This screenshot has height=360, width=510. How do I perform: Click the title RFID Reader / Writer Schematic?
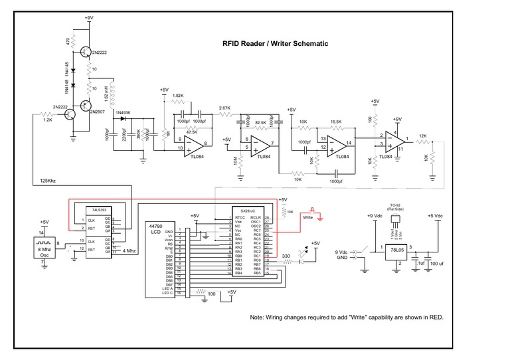[x=274, y=44]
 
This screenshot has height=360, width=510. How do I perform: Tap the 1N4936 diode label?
[x=124, y=114]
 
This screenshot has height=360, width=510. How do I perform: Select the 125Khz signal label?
[x=48, y=180]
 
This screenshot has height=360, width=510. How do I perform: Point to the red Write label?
[x=307, y=217]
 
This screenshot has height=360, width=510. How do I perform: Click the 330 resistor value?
[x=286, y=256]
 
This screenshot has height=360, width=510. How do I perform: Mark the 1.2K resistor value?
[x=48, y=120]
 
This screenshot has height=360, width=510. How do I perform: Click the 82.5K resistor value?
[x=260, y=123]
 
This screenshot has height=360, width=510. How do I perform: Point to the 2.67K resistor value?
[x=224, y=108]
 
